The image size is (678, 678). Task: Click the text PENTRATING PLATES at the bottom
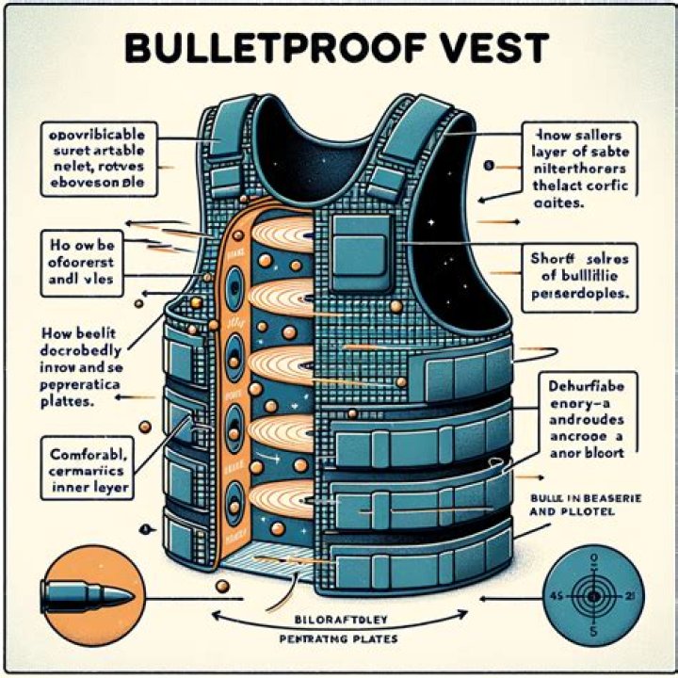pos(339,640)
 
